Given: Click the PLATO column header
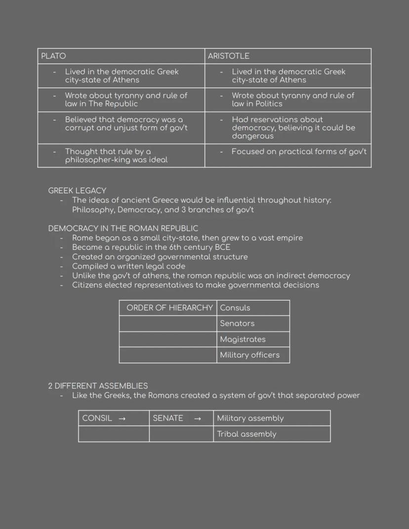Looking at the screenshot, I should coord(53,56).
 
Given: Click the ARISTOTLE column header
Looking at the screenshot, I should coord(228,56).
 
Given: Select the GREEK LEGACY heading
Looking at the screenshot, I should coord(77,191).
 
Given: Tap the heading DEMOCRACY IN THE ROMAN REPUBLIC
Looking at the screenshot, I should coord(123,229).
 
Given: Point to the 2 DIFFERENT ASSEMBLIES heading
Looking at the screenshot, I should coord(98,386).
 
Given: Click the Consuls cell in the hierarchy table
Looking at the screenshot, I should coord(235,308).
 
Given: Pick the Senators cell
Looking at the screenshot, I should coord(237,324).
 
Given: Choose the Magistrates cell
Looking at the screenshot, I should coord(243,339).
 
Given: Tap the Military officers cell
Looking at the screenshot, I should coord(249,355).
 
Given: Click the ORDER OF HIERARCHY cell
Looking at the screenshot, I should coord(169,308).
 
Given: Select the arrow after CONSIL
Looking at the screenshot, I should coord(122,418).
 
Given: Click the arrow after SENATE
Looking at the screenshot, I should coord(198,418).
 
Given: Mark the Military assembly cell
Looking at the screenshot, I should coord(250,418).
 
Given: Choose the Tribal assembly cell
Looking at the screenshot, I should coord(246,434).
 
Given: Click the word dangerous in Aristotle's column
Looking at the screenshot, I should coord(252,136).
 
